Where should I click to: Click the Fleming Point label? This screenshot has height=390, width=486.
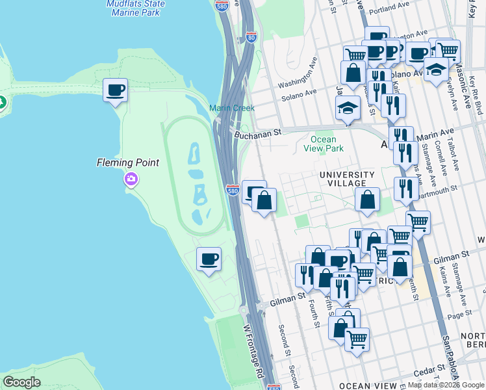pyautogui.click(x=128, y=162)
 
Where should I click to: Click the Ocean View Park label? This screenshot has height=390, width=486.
pyautogui.click(x=323, y=144)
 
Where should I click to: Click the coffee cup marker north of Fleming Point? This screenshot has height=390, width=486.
pyautogui.click(x=116, y=90)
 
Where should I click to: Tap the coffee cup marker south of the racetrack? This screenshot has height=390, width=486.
pyautogui.click(x=209, y=259)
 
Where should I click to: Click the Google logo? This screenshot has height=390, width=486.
pyautogui.click(x=21, y=382)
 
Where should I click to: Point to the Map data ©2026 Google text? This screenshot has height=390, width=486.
pyautogui.click(x=446, y=385)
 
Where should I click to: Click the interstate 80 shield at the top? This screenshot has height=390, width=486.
pyautogui.click(x=251, y=38)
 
